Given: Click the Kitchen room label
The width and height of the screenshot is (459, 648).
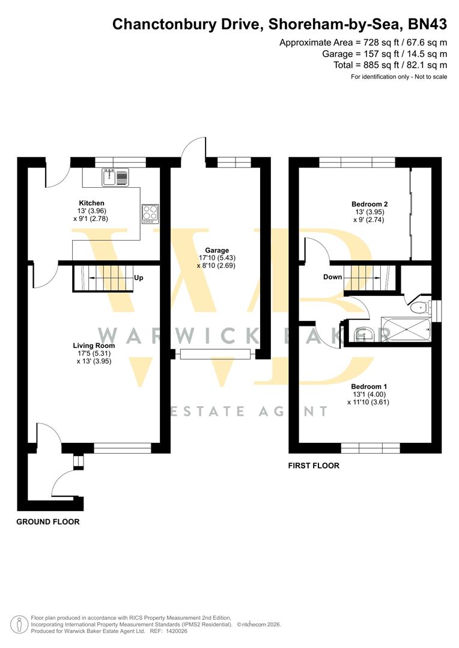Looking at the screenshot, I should pos(91,203).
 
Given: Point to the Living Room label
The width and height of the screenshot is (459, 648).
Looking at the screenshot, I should pos(94,346).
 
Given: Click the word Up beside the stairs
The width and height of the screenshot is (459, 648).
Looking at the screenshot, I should pos(138,278).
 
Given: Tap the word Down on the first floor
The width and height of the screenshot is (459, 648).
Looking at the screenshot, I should pos(332,277).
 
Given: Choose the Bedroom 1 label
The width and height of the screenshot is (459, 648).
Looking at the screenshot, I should pos(369,386).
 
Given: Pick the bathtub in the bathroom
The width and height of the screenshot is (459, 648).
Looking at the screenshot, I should pos(407,330).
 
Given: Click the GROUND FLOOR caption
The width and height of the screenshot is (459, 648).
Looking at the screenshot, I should pos(47,522).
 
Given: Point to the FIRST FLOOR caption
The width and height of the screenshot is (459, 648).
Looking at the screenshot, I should pos(314,466).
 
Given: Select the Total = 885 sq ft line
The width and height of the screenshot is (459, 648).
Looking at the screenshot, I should pos(390,65).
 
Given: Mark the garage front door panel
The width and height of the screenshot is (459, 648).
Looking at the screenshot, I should pos(215,354).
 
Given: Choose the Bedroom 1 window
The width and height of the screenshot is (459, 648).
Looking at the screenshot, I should pos(370,448).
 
